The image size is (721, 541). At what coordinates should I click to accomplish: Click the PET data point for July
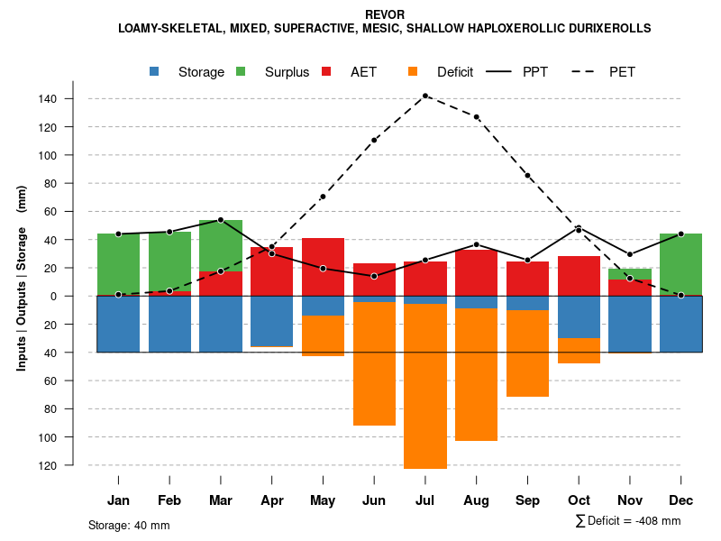[x=425, y=96]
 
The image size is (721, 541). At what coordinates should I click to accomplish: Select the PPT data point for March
[x=221, y=220]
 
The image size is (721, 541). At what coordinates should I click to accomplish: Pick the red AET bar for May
[x=323, y=267]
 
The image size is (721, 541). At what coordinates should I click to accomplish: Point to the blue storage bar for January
[x=118, y=324]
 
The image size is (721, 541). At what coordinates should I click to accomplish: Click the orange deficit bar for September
[x=527, y=353]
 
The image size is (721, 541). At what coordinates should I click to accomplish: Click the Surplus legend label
[x=287, y=72]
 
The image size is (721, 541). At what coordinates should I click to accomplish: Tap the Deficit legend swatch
[x=414, y=72]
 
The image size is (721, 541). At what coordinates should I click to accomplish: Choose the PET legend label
[x=622, y=72]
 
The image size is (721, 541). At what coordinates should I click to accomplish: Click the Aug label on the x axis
[x=476, y=500]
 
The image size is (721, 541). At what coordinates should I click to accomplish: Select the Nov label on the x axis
[x=630, y=500]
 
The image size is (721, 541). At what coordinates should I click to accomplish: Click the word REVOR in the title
[x=385, y=14]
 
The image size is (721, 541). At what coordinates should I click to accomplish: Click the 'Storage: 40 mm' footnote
[x=129, y=525]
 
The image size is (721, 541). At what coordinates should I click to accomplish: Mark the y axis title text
[x=22, y=278]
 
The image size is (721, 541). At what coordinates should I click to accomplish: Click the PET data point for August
[x=476, y=117]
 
